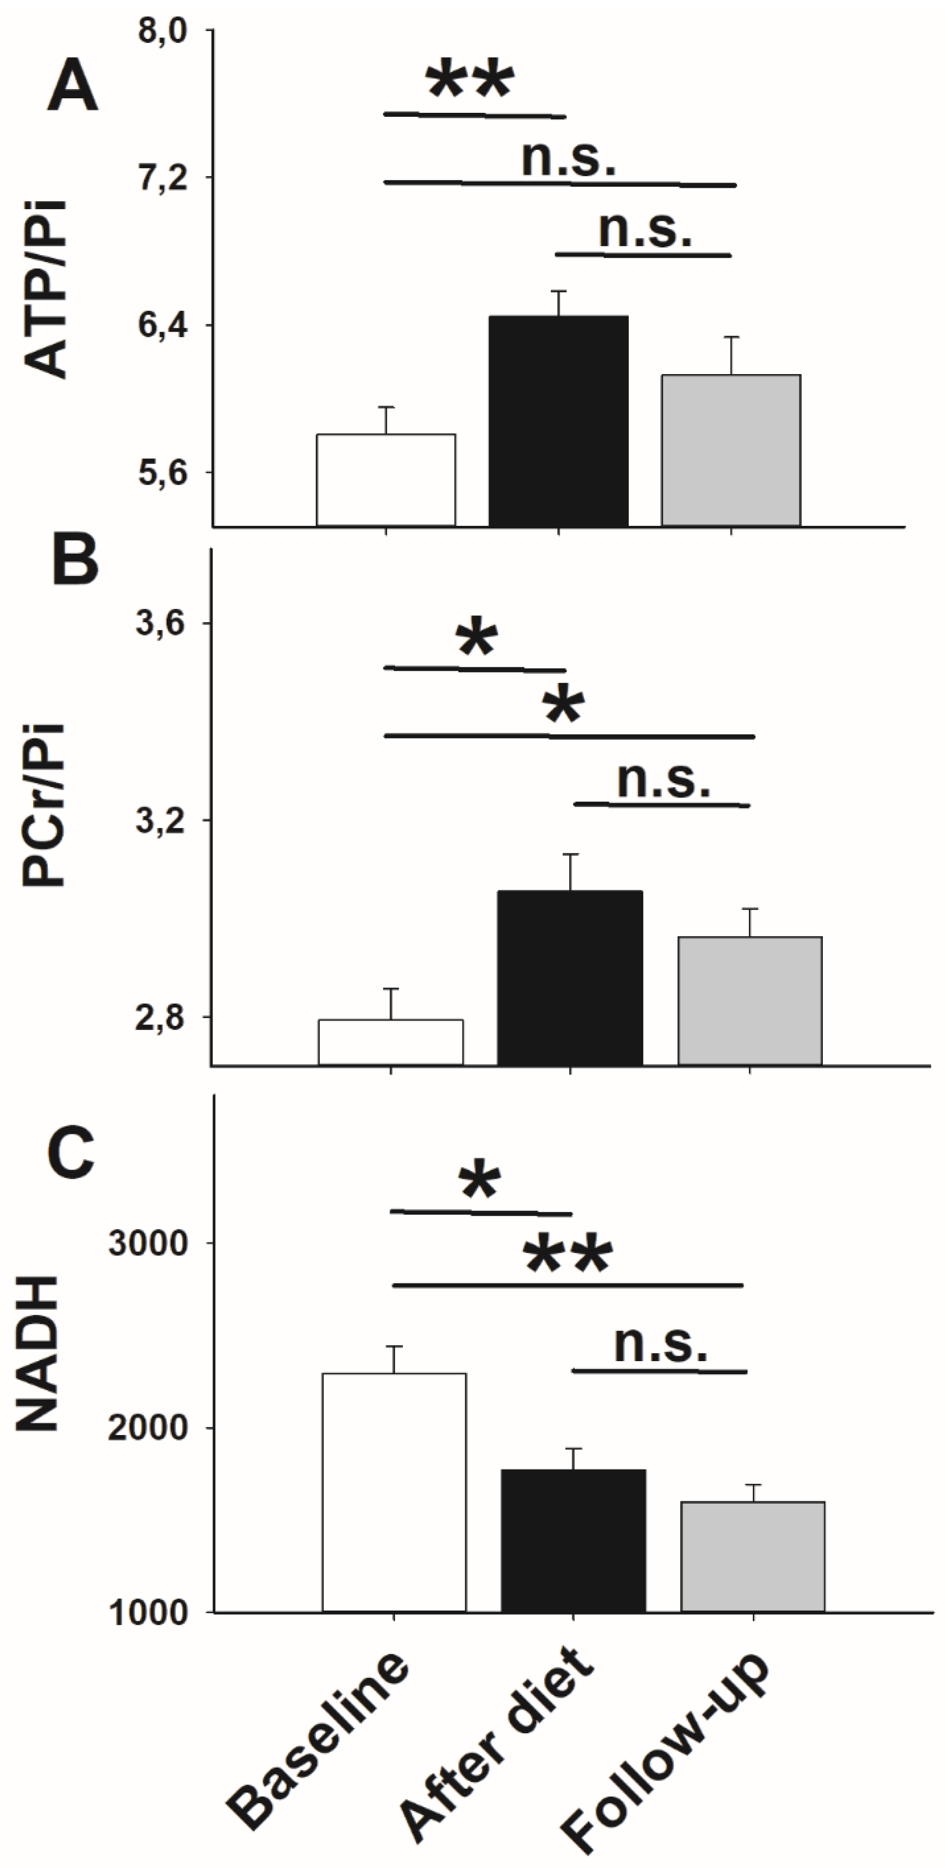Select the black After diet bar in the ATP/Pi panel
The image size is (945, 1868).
click(559, 421)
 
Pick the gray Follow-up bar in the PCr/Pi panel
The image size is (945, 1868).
click(749, 1001)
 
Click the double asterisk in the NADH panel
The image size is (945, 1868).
click(568, 1256)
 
